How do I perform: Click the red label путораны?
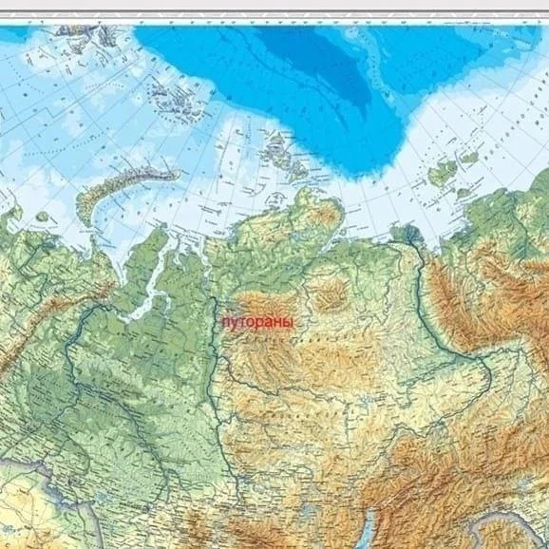point(257,323)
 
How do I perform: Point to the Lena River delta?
point(411,234)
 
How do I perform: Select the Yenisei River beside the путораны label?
point(216,342)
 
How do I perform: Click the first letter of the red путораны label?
point(224,324)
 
